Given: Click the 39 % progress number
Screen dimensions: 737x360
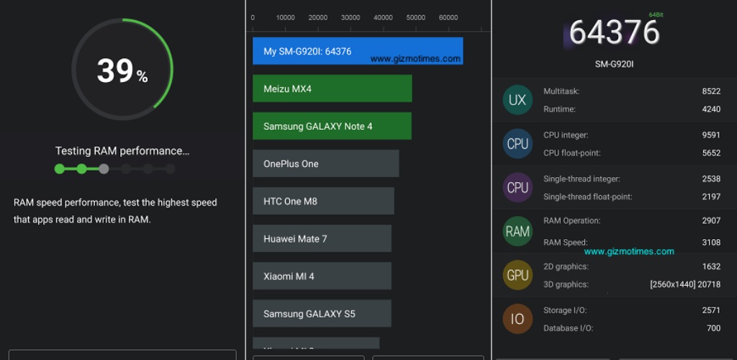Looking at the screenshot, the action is click(x=122, y=71).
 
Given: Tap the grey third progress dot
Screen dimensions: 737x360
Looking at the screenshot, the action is click(x=104, y=168).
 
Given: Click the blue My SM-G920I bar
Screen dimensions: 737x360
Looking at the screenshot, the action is click(x=358, y=50).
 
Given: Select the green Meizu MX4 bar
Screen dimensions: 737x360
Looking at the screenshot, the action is click(x=333, y=89).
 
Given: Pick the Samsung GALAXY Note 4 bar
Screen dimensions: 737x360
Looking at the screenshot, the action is click(x=332, y=126).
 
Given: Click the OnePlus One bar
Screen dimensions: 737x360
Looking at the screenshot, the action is click(x=326, y=163).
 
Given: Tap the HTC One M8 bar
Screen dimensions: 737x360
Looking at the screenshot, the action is click(x=323, y=201).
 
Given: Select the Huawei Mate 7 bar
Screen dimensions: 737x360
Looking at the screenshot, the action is click(x=322, y=238).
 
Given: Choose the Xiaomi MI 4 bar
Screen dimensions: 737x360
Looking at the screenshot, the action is click(x=322, y=276).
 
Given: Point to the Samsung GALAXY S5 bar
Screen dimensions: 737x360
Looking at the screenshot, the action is click(x=322, y=313).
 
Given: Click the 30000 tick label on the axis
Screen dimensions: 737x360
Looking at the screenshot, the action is click(x=351, y=17).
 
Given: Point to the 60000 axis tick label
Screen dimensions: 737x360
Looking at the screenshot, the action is click(x=448, y=17).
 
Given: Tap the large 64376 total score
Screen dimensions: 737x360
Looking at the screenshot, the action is click(x=615, y=32).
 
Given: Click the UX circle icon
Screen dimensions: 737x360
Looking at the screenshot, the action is click(x=517, y=99).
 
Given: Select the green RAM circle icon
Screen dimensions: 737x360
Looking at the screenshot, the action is click(x=517, y=231).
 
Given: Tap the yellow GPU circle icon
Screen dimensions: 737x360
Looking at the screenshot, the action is click(x=517, y=275).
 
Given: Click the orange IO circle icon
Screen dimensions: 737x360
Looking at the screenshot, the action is click(x=517, y=319).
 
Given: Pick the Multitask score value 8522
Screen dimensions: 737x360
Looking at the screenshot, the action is click(x=711, y=91).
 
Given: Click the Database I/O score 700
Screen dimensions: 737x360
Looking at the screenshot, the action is click(x=713, y=328).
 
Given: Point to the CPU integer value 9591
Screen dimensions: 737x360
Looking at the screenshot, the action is click(x=711, y=135).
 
